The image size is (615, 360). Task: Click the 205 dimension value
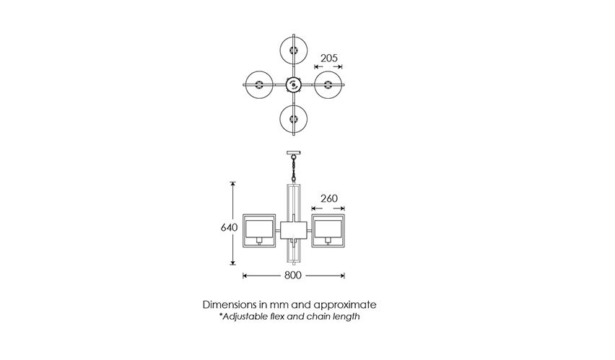pyautogui.click(x=328, y=58)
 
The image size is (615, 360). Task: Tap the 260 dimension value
pyautogui.click(x=328, y=198)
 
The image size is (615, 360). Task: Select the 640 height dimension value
pyautogui.click(x=229, y=227)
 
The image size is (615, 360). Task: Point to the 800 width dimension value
pyautogui.click(x=292, y=276)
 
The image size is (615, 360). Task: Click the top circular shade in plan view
pyautogui.click(x=293, y=51)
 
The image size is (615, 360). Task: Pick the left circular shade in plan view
pyautogui.click(x=259, y=84)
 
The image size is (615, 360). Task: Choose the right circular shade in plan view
pyautogui.click(x=328, y=84)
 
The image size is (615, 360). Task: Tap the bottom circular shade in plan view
pyautogui.click(x=293, y=118)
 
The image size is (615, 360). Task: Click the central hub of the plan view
pyautogui.click(x=293, y=84)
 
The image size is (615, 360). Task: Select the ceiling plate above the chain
pyautogui.click(x=293, y=153)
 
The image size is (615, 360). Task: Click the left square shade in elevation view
pyautogui.click(x=259, y=231)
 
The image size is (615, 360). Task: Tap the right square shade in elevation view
pyautogui.click(x=328, y=231)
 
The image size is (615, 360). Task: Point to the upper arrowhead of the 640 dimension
pyautogui.click(x=233, y=185)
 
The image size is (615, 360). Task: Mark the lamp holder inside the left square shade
pyautogui.click(x=259, y=240)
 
